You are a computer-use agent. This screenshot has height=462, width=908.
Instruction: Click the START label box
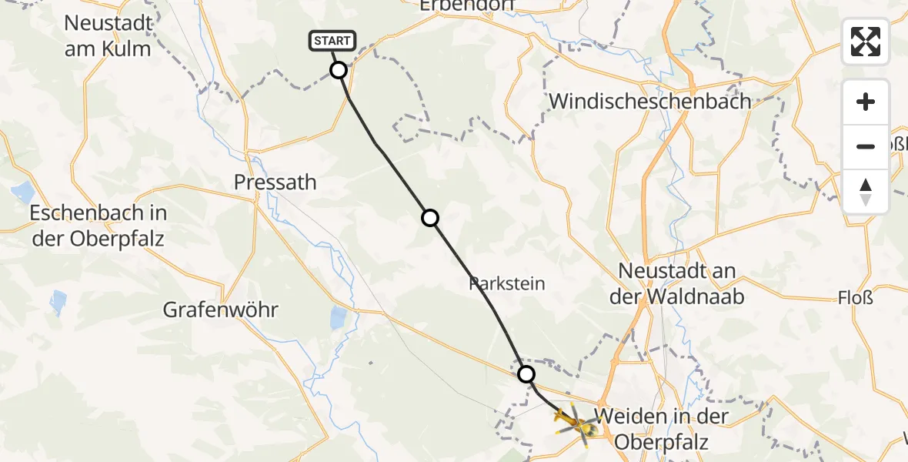click(x=332, y=41)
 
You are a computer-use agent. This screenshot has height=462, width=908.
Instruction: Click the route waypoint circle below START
click(x=339, y=71)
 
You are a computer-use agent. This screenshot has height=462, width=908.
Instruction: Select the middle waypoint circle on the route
click(x=430, y=218)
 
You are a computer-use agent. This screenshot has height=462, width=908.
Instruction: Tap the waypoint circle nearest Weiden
click(x=526, y=374)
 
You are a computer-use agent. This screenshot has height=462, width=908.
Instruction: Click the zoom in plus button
click(x=866, y=102)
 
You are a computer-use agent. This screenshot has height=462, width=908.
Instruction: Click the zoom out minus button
click(x=866, y=146)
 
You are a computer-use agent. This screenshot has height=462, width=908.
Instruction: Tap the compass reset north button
click(x=866, y=191)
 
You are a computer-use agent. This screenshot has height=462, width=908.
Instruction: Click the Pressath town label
click(x=275, y=182)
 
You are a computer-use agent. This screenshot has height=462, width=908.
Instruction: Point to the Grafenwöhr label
click(x=220, y=310)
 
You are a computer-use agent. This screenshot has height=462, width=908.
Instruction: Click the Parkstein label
click(x=507, y=283)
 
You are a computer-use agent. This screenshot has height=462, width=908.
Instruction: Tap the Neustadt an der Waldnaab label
click(x=677, y=283)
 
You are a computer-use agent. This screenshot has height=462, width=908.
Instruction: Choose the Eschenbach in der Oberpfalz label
click(x=98, y=225)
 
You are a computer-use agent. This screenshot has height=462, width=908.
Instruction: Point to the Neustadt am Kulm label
click(x=108, y=35)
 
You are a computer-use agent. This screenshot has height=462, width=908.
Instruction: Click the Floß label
click(x=855, y=296)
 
